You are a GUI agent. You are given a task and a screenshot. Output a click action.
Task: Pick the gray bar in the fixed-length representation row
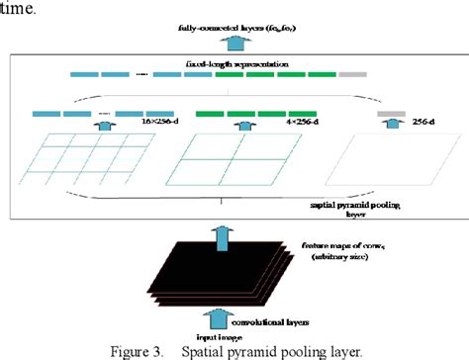[x=352, y=75]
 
